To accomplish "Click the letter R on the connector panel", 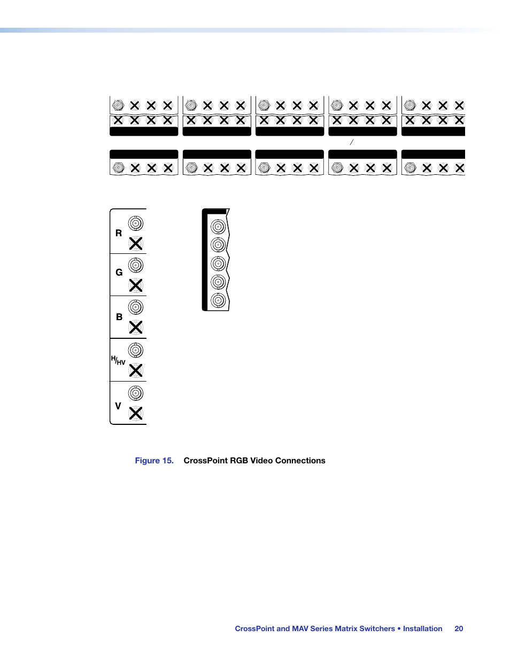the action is click(119, 233).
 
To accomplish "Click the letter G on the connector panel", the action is click(119, 273).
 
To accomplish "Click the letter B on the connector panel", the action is click(119, 317).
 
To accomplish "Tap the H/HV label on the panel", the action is click(118, 361).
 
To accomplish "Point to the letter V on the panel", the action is click(118, 406).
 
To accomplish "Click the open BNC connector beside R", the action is click(136, 223).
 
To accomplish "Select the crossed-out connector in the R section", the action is click(136, 244).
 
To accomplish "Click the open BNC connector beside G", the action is click(136, 265).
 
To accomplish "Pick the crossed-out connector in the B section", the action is click(136, 327).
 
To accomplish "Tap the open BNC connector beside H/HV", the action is click(136, 350).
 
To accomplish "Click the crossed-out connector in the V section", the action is click(136, 413).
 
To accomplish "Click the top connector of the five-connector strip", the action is click(218, 227).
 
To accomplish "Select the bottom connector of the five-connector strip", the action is click(218, 300).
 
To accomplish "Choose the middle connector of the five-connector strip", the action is click(218, 263).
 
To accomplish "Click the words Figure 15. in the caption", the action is click(154, 461).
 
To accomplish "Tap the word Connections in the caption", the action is click(301, 461).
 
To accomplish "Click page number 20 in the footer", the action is click(459, 629).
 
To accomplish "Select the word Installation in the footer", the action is click(422, 629).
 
